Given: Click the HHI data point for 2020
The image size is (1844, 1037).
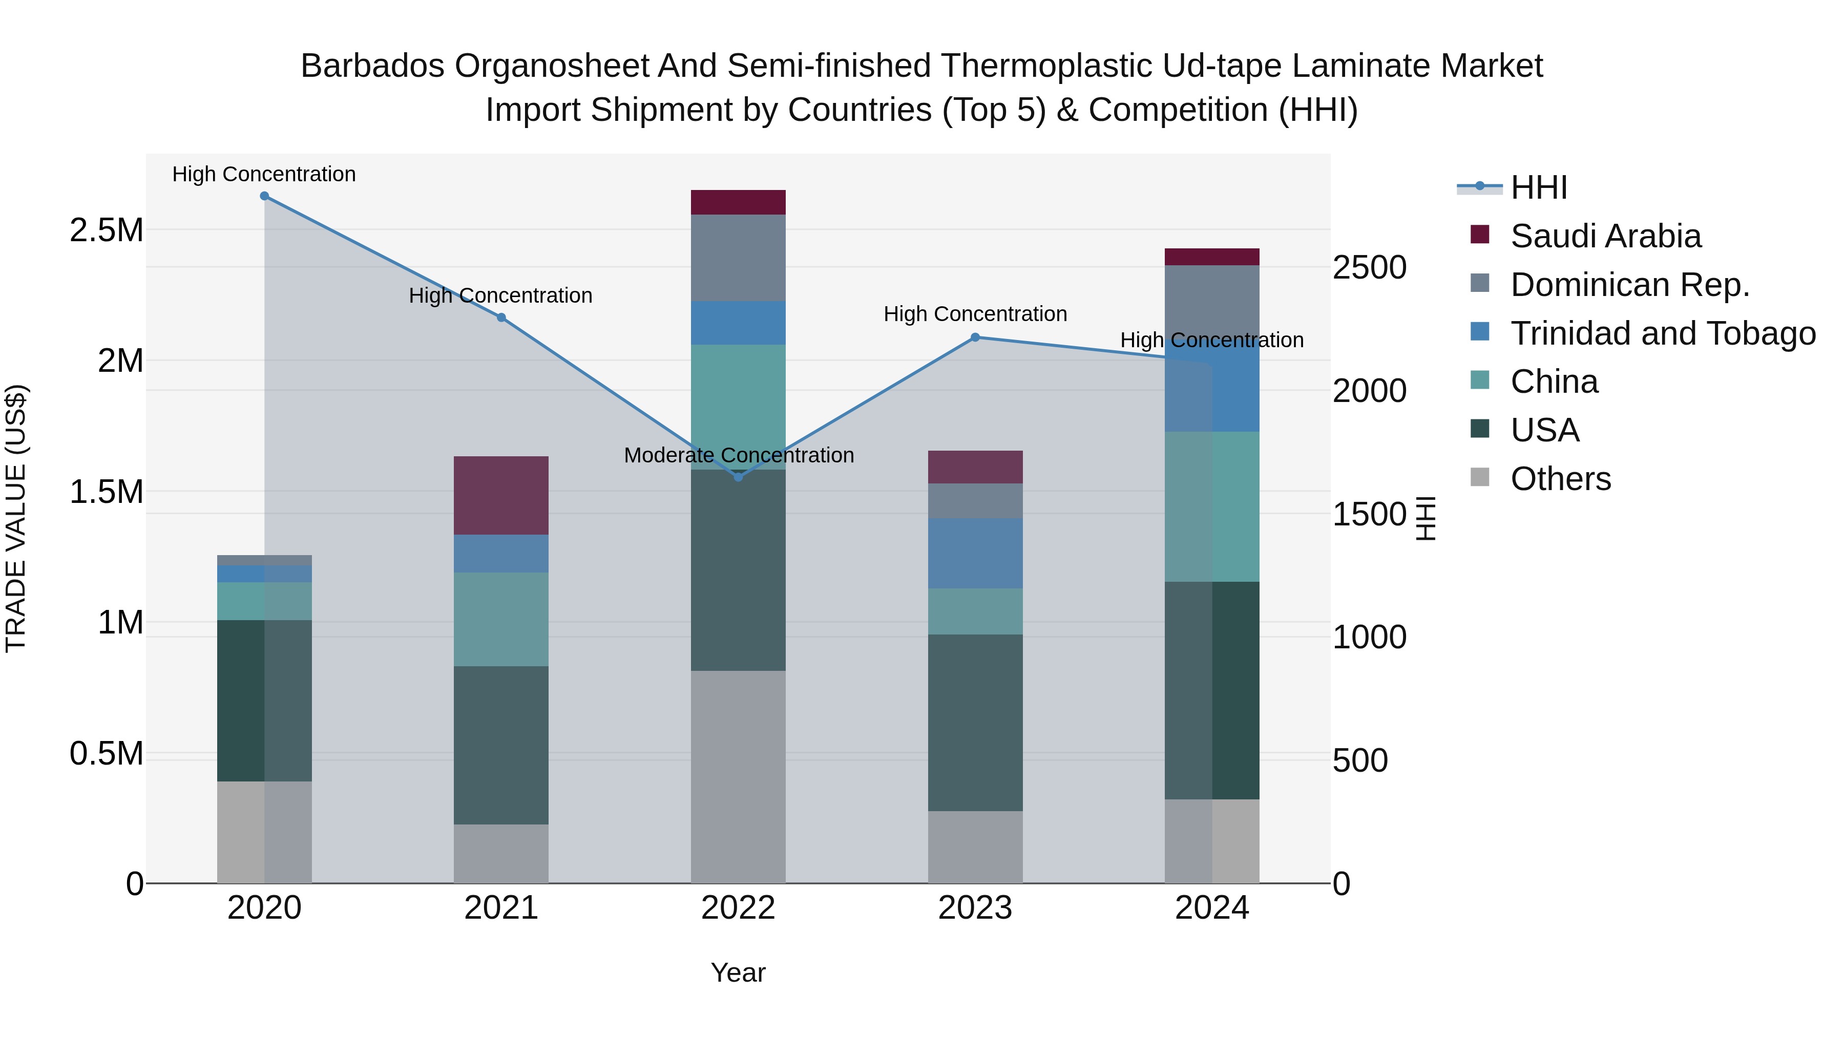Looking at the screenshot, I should click(x=264, y=196).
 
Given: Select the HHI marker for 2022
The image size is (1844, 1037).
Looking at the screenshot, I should click(x=738, y=477).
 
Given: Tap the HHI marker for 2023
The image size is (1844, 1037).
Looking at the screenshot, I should click(x=975, y=337).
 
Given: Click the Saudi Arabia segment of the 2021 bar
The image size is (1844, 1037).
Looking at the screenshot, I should click(x=501, y=495).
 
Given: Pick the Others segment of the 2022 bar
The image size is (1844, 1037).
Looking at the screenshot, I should click(x=738, y=776).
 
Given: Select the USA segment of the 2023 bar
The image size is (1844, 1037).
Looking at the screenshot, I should click(x=975, y=723).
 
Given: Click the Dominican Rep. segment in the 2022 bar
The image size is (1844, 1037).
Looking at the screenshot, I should click(x=738, y=258).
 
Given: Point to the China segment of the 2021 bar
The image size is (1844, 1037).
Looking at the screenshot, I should click(x=501, y=619).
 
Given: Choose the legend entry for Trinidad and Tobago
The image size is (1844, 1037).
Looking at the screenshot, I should click(x=1663, y=333).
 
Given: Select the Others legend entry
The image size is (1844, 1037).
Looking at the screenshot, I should click(x=1561, y=479).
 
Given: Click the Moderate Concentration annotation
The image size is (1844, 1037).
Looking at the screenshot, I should click(x=739, y=455).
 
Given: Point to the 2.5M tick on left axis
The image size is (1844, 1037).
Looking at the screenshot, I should click(x=106, y=230).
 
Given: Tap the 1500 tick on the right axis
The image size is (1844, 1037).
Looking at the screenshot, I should click(x=1369, y=514).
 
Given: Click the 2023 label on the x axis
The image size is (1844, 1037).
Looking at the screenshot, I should click(x=975, y=908).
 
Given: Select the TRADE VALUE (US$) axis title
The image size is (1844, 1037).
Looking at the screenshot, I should click(x=16, y=518).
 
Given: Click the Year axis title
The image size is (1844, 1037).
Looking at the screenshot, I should click(x=738, y=972).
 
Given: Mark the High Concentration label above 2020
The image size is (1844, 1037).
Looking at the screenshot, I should click(x=264, y=174).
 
